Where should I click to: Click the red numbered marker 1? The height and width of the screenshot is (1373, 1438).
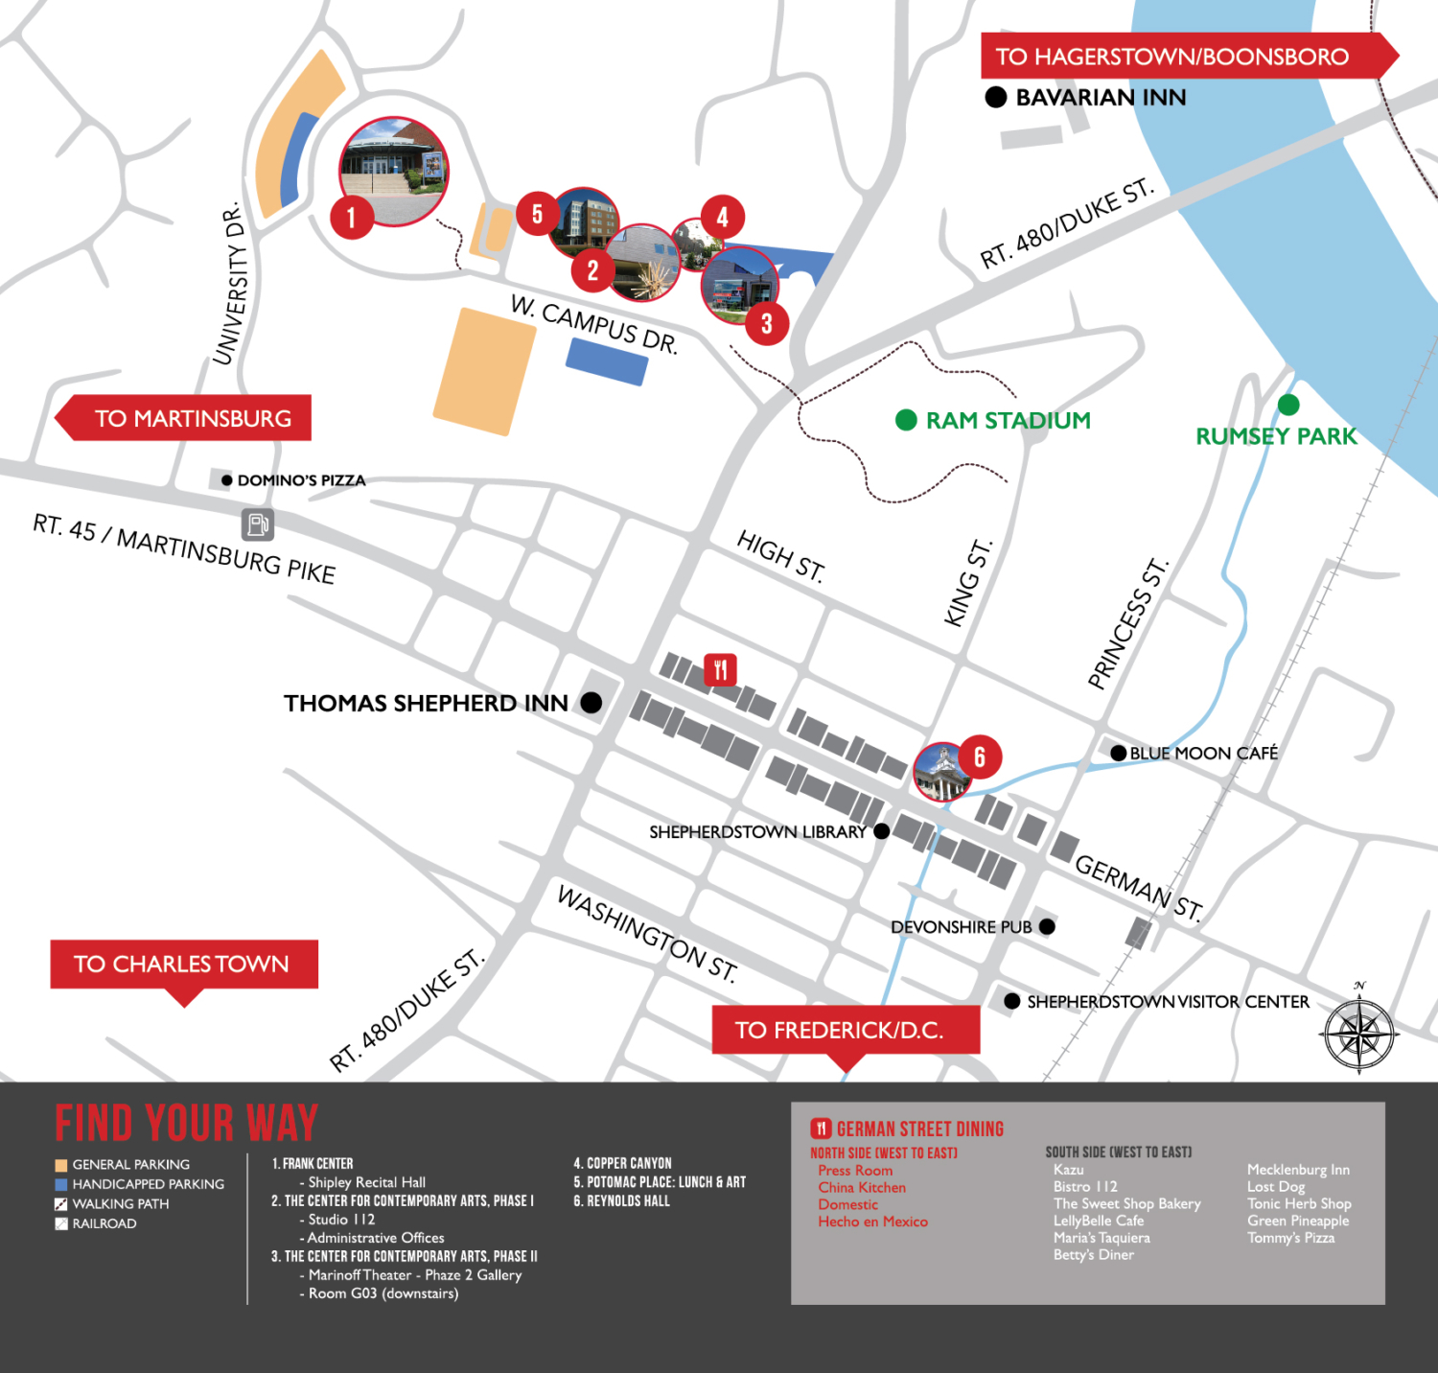pyautogui.click(x=352, y=218)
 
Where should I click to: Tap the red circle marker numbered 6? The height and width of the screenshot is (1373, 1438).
pyautogui.click(x=979, y=757)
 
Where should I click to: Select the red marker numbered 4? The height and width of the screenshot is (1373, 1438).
pyautogui.click(x=722, y=218)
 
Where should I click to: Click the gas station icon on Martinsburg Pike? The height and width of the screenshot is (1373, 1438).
pyautogui.click(x=257, y=524)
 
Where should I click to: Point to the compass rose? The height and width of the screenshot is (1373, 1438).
pyautogui.click(x=1359, y=1034)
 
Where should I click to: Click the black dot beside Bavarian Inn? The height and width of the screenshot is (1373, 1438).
pyautogui.click(x=996, y=97)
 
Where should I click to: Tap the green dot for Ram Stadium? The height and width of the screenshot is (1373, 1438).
pyautogui.click(x=906, y=420)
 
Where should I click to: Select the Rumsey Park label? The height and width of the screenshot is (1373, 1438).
pyautogui.click(x=1276, y=436)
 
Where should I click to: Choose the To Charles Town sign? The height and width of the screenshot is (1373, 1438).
pyautogui.click(x=183, y=965)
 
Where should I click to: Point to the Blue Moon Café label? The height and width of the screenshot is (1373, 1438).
pyautogui.click(x=1203, y=754)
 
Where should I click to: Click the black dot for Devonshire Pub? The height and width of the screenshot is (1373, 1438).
pyautogui.click(x=1047, y=926)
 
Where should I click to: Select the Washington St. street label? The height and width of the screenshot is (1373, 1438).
pyautogui.click(x=647, y=934)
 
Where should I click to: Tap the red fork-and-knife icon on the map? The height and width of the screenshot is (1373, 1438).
pyautogui.click(x=720, y=669)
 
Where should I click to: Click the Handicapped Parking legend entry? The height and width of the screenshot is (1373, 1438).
pyautogui.click(x=148, y=1184)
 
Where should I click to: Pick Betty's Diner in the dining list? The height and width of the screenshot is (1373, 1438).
pyautogui.click(x=1093, y=1255)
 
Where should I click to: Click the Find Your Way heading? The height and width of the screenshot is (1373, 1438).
pyautogui.click(x=186, y=1123)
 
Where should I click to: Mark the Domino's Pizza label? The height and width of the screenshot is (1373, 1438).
pyautogui.click(x=301, y=480)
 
